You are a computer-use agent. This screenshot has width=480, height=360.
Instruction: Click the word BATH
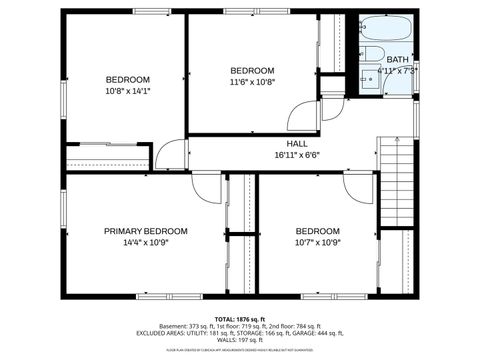point(398,60)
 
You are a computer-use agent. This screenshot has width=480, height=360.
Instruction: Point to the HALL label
point(297,143)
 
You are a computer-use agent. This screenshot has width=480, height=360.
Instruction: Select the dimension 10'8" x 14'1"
point(128,92)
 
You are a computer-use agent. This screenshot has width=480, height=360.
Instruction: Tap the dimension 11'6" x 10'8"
point(252,82)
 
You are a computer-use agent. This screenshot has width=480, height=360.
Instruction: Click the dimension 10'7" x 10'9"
point(317,242)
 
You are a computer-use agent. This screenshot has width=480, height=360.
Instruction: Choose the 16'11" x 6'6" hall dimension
point(297,155)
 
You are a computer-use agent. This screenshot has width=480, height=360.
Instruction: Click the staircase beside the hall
point(397,185)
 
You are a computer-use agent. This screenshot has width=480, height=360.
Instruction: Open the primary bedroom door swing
point(207,186)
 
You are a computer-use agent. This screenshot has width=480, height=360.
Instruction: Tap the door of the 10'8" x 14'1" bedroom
point(173,155)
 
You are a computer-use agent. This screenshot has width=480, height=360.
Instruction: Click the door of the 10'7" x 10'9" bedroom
point(358,186)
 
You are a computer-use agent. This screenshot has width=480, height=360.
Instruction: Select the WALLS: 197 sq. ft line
point(239,340)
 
